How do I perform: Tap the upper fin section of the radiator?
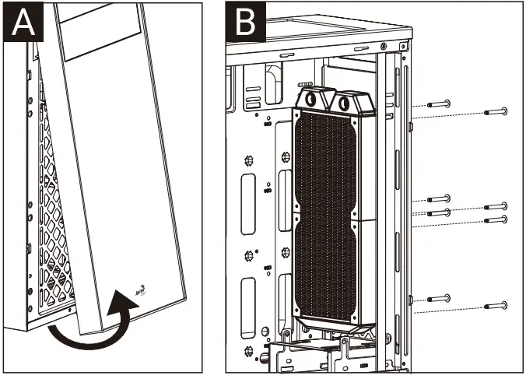[327, 163]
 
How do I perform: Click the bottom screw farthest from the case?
[496, 305]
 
